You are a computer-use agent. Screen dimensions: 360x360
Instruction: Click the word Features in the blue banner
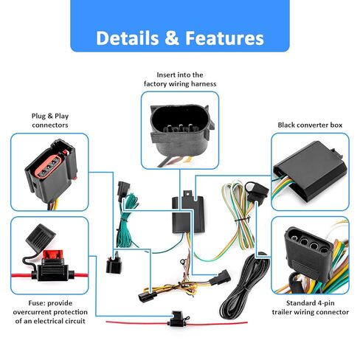(x=224, y=38)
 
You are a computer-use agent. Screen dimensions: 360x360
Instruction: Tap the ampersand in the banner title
(x=172, y=38)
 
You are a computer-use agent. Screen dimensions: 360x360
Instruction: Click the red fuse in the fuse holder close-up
(x=53, y=255)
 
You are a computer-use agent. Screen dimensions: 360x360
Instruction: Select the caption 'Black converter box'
(x=310, y=125)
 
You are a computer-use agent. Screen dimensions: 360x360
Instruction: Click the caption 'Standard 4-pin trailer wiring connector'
(x=311, y=308)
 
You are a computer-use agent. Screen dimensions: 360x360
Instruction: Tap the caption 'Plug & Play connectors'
(x=50, y=120)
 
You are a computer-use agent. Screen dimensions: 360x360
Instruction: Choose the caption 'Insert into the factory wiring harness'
(x=180, y=79)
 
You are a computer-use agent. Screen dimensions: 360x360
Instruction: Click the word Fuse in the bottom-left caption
(x=36, y=303)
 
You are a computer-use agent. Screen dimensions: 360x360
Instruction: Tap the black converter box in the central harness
(x=188, y=214)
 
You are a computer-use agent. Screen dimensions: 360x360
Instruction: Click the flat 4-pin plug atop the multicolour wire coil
(x=256, y=191)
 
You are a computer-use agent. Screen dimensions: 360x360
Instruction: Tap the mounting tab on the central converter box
(x=187, y=193)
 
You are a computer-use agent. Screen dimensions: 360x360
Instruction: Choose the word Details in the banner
(x=128, y=38)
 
